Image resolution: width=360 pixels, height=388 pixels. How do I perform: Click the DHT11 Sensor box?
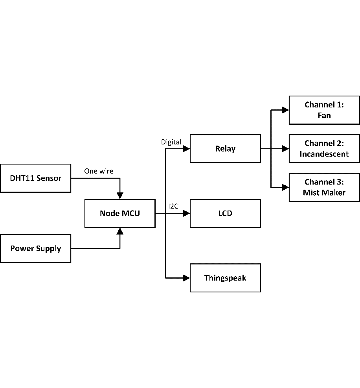click(x=35, y=178)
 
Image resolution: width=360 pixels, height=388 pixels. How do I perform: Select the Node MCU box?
click(x=120, y=213)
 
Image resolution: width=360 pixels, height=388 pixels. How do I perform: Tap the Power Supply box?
click(x=35, y=248)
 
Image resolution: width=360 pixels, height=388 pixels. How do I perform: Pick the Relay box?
click(x=225, y=149)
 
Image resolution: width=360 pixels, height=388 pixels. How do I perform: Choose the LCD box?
click(x=225, y=213)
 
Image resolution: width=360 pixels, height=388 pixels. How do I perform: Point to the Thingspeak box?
click(x=225, y=278)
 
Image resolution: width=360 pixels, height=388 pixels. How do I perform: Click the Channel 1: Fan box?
click(x=324, y=110)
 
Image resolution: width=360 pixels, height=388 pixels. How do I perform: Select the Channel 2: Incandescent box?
click(x=324, y=149)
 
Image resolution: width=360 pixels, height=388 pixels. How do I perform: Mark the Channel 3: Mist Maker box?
click(x=324, y=187)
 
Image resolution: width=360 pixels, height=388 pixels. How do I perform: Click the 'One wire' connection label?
click(x=99, y=171)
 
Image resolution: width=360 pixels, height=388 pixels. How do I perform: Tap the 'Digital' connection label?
click(x=171, y=142)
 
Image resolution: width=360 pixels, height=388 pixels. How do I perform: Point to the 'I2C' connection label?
click(x=174, y=206)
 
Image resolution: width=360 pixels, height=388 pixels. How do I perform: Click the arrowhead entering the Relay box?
click(x=187, y=149)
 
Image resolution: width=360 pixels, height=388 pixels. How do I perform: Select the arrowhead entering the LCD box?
click(x=187, y=213)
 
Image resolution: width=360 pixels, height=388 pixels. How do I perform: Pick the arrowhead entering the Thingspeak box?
click(x=187, y=278)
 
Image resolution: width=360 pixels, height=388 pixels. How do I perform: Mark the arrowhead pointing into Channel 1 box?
click(x=286, y=110)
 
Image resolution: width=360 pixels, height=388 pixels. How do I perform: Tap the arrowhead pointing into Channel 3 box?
click(x=286, y=187)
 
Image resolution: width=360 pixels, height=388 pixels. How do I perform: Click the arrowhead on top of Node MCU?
click(x=120, y=196)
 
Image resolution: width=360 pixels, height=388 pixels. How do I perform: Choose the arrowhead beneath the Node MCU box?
click(x=120, y=231)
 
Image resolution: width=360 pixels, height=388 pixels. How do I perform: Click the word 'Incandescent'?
click(x=324, y=154)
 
